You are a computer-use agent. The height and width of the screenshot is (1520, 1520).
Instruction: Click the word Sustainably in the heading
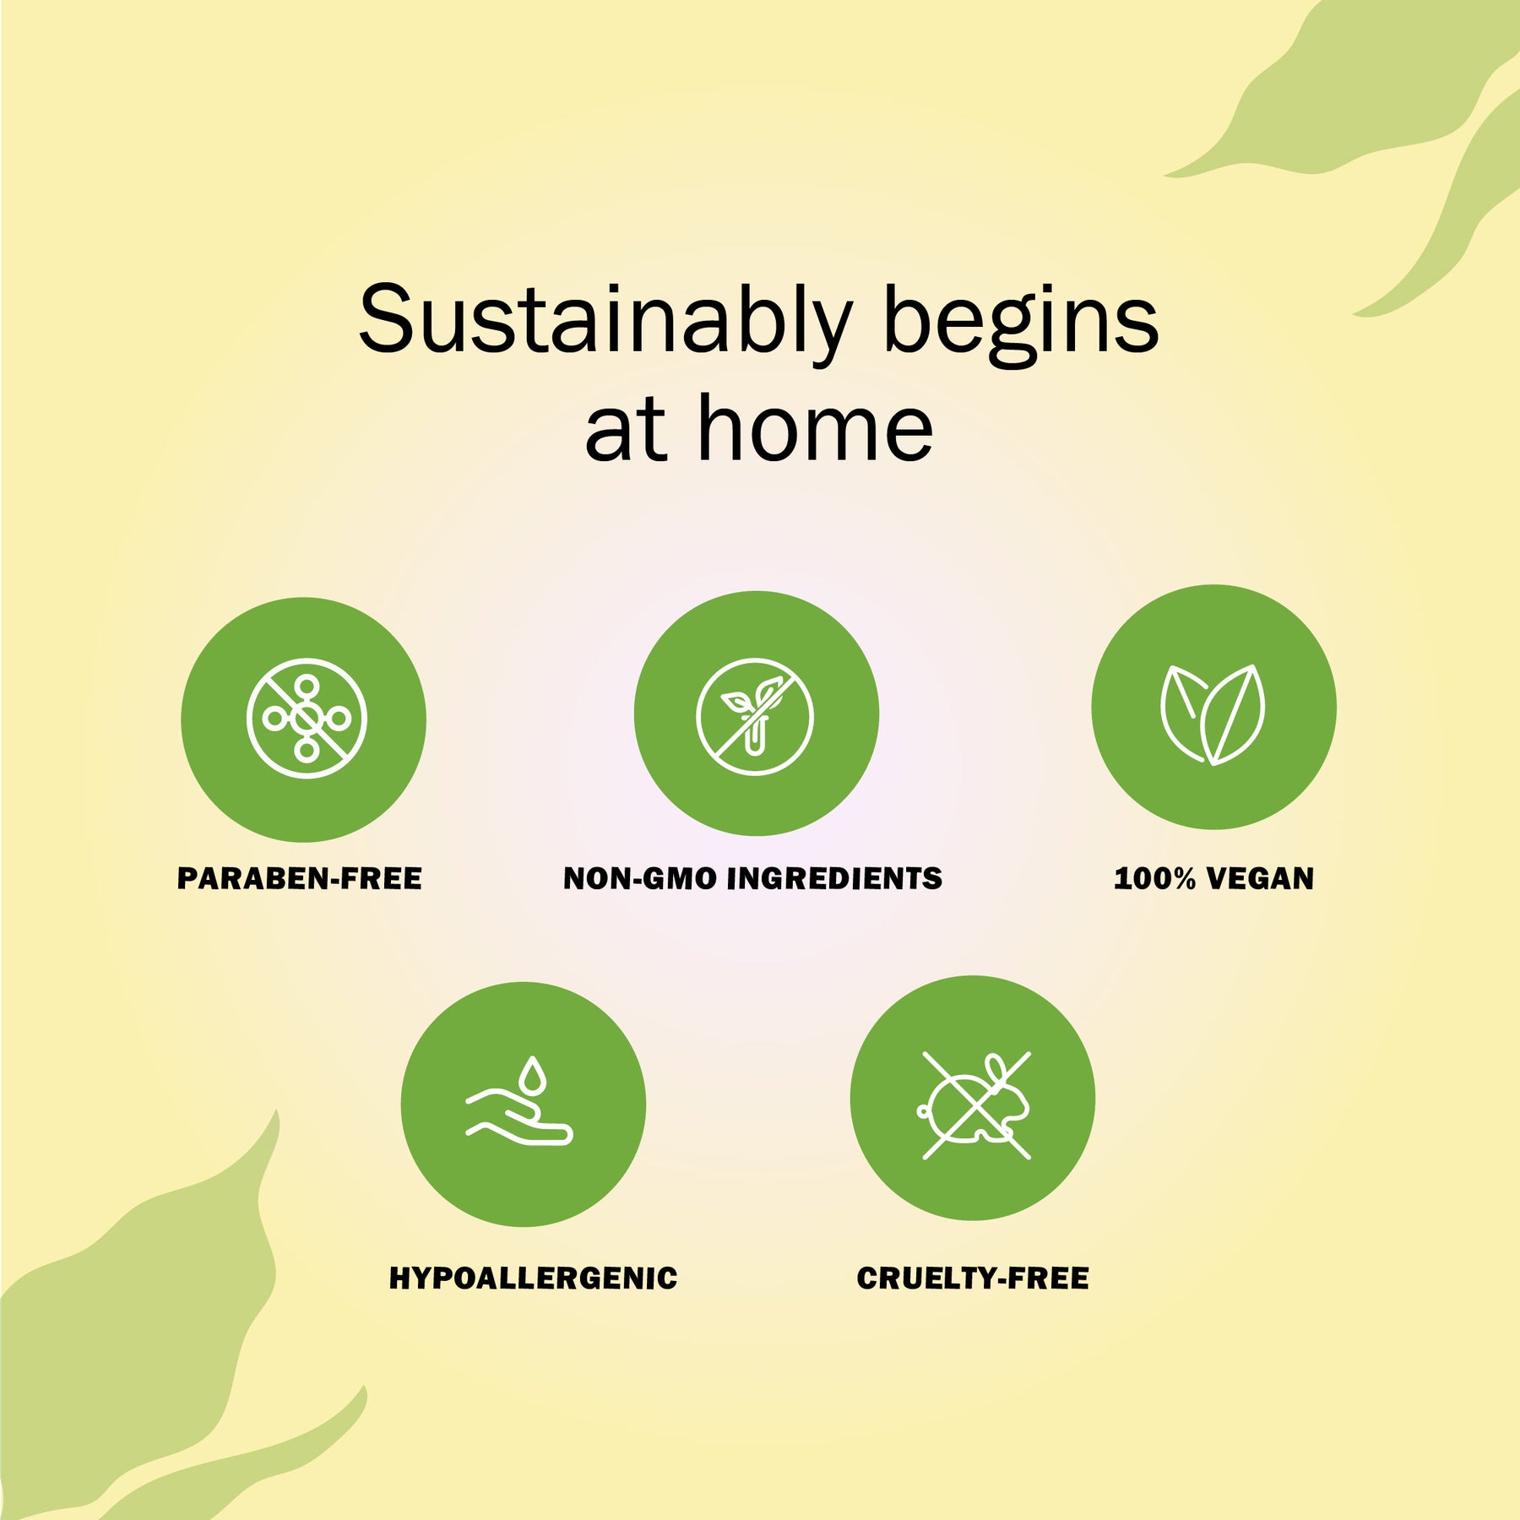tap(605, 321)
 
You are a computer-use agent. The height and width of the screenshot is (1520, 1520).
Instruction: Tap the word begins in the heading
tap(1021, 321)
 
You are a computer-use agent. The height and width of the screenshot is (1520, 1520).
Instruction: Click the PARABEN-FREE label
tap(300, 879)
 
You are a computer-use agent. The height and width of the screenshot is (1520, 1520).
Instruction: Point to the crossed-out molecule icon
tap(307, 719)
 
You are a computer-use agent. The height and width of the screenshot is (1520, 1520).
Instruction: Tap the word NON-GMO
tap(638, 879)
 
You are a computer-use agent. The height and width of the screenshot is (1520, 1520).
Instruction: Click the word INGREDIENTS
tap(835, 879)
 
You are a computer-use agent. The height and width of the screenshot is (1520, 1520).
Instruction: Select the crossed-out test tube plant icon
tap(755, 716)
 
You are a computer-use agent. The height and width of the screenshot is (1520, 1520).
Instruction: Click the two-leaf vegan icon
tap(1213, 714)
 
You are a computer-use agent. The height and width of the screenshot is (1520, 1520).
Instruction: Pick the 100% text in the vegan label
tap(1154, 879)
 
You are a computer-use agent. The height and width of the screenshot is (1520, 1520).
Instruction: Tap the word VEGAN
tap(1261, 879)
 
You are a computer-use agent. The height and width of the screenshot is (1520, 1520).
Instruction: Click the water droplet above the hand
tap(532, 1075)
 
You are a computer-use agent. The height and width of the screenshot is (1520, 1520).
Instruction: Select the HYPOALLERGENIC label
tap(533, 1278)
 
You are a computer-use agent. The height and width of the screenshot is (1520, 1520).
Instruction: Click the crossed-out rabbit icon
tap(975, 1105)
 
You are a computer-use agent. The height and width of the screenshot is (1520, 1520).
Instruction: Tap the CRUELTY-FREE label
tap(973, 1278)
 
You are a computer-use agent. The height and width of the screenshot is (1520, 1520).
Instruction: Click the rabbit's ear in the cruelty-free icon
tap(996, 1068)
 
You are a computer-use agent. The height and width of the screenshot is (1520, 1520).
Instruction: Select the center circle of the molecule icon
tap(307, 719)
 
